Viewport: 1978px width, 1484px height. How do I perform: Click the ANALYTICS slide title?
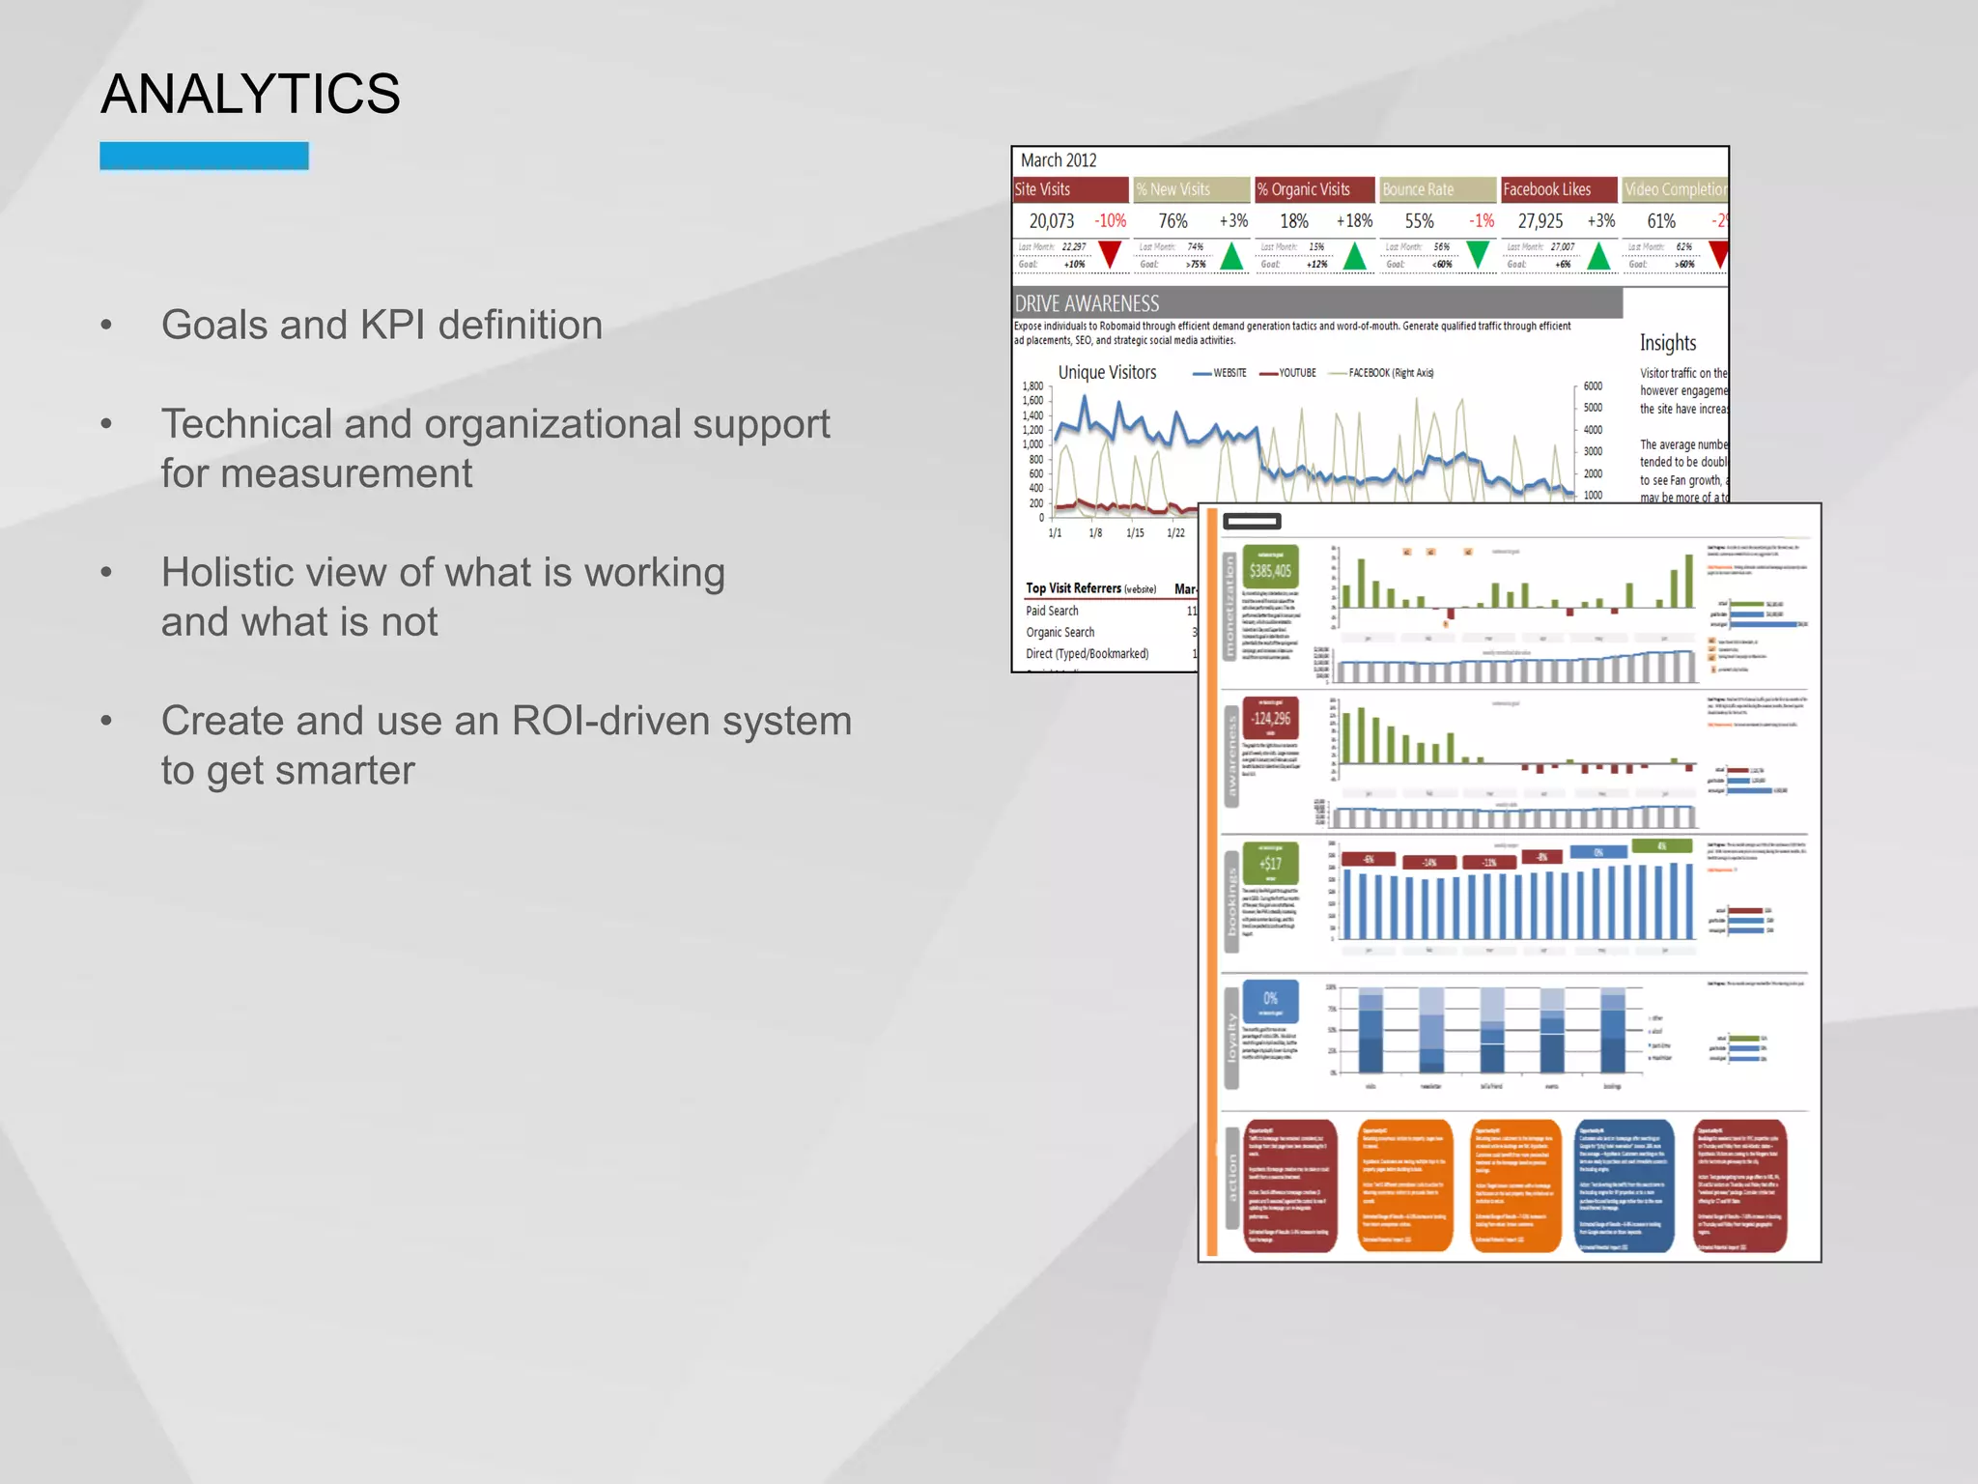click(x=250, y=94)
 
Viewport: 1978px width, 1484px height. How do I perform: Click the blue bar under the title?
click(x=204, y=156)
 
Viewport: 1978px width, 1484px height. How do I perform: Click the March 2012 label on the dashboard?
click(x=1059, y=160)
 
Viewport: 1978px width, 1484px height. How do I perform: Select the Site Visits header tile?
click(x=1069, y=189)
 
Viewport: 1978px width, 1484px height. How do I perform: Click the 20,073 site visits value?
click(x=1052, y=221)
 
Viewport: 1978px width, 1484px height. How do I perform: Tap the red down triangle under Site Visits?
click(x=1110, y=255)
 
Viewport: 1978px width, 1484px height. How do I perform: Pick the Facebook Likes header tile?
click(x=1558, y=189)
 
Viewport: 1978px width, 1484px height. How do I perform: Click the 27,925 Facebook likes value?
click(x=1540, y=221)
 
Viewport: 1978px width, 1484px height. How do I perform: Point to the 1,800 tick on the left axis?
click(x=1032, y=386)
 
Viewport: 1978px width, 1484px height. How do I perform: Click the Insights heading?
click(x=1667, y=343)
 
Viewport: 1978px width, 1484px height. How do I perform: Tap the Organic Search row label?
click(x=1060, y=632)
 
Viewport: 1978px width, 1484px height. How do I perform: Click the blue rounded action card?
click(x=1625, y=1185)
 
